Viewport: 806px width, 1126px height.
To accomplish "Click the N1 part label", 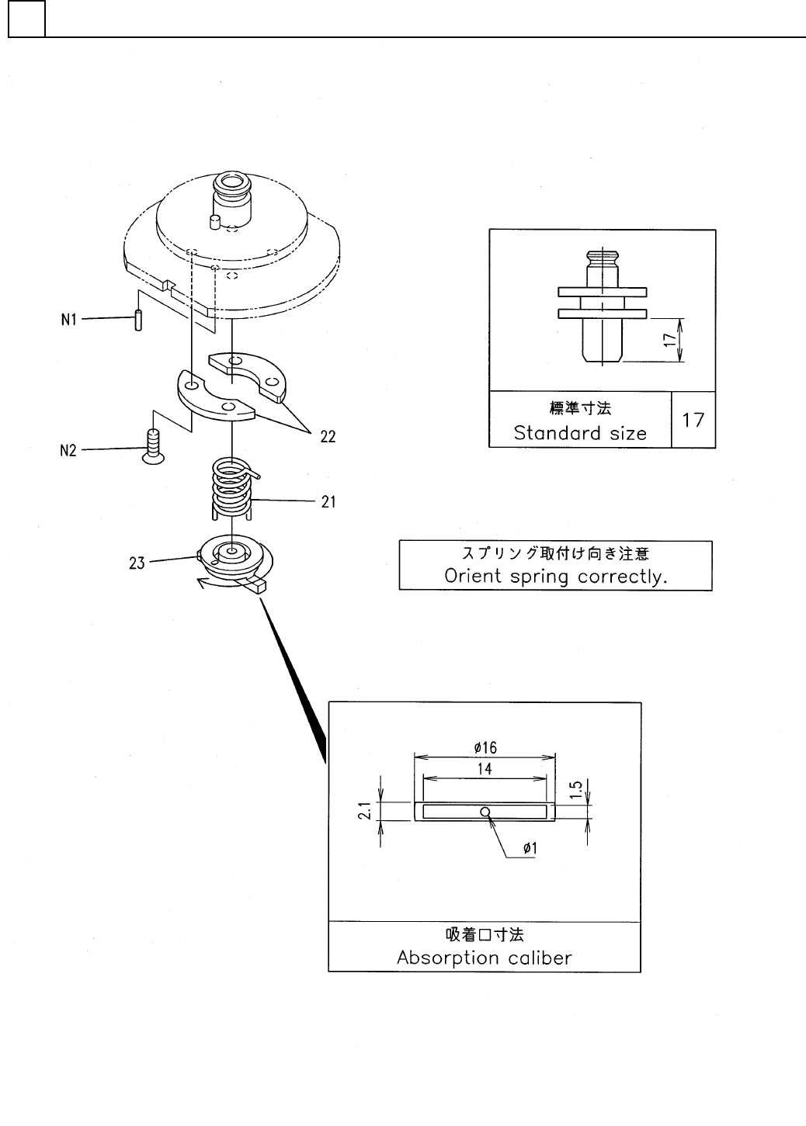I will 68,320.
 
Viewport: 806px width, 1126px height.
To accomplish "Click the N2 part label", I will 68,449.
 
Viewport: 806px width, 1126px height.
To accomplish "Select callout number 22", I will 328,437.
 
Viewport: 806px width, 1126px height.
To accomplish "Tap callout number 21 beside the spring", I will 328,502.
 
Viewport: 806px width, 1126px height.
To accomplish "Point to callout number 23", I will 137,563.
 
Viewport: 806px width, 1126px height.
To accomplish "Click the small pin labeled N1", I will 137,320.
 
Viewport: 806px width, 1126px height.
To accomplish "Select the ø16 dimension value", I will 485,748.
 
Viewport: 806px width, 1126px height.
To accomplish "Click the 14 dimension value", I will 485,769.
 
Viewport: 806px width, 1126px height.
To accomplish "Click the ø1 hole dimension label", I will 530,849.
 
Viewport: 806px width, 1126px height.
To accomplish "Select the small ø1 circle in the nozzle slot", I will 485,812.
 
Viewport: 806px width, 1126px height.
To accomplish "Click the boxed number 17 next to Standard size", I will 693,420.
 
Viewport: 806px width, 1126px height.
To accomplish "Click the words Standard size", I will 580,432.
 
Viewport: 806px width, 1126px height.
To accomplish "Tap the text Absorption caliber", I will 484,957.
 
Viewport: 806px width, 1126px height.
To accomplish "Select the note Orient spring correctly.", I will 556,576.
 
